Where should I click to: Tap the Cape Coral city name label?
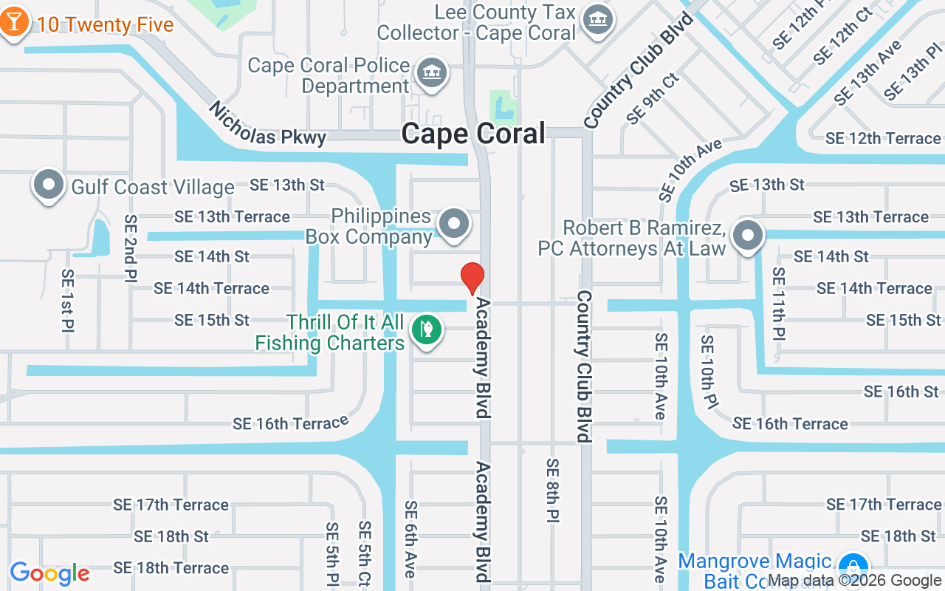(473, 134)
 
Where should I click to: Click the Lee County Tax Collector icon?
(597, 20)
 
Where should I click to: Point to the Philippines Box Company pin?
(454, 224)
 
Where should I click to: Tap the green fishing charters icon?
(426, 329)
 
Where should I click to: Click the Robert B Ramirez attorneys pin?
(748, 236)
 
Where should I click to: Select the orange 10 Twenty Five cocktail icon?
(14, 22)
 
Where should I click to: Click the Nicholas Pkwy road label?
(267, 124)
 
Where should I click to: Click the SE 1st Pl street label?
(68, 299)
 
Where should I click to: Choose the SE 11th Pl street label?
(777, 304)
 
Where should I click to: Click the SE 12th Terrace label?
(883, 138)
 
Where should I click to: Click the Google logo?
(49, 573)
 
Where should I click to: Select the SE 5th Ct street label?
(365, 554)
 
